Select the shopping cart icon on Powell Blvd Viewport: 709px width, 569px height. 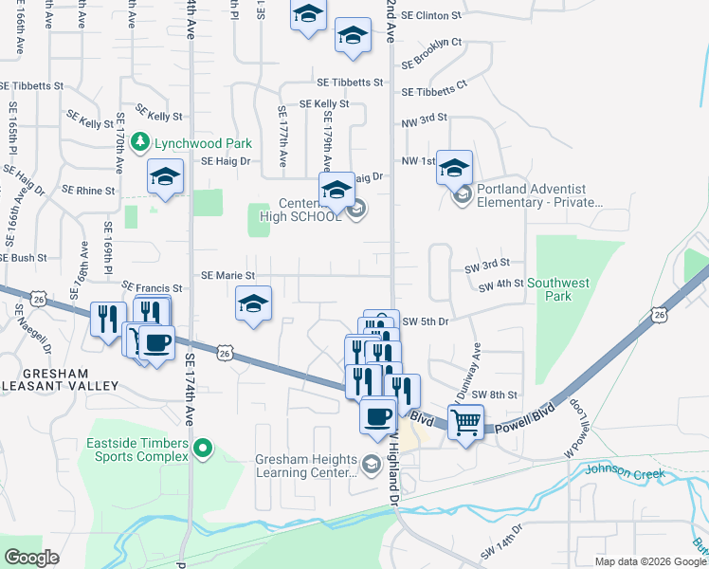465,422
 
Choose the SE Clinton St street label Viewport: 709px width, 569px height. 431,16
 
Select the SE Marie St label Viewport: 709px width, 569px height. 227,276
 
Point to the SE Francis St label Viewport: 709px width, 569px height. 152,287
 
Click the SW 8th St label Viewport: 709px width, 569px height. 501,395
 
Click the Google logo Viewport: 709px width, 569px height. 31,557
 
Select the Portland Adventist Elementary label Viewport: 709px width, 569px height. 538,195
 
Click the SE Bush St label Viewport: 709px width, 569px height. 24,258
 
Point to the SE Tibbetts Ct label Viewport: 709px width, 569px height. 434,93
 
